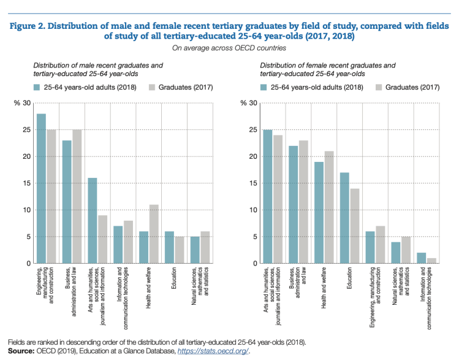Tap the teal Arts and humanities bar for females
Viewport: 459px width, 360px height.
pos(267,196)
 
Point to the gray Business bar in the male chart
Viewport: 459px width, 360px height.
pos(77,196)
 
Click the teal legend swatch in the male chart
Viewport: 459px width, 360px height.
pos(37,87)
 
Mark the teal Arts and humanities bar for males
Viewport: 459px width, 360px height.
pos(93,220)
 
